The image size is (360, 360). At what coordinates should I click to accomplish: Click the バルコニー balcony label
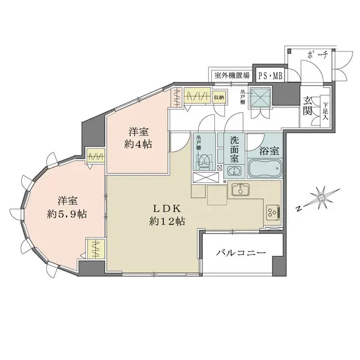[241, 254]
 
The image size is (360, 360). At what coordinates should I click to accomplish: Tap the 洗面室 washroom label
[236, 149]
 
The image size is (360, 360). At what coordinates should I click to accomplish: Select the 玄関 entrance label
[308, 106]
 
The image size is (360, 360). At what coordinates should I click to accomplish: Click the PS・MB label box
[269, 75]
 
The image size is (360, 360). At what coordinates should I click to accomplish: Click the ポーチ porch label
[316, 55]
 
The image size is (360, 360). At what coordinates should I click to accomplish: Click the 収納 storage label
[218, 97]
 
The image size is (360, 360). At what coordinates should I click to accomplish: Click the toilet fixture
[204, 161]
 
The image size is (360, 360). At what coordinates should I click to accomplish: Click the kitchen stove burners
[271, 212]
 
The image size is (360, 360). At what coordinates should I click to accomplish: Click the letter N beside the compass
[298, 209]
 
